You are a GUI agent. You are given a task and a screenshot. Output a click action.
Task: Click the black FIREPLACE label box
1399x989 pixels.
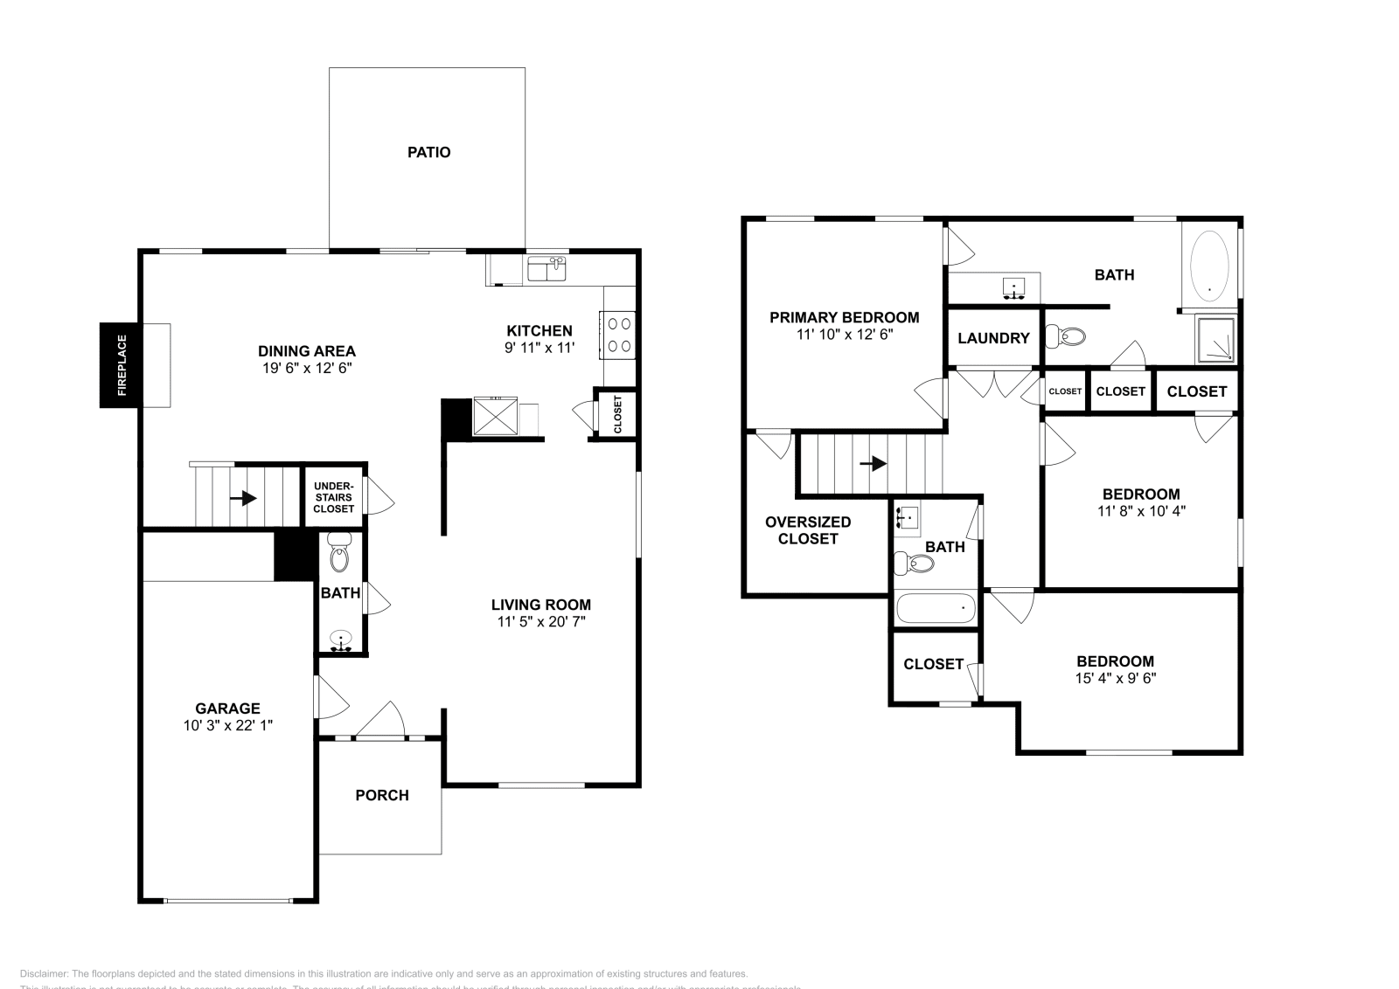coord(122,365)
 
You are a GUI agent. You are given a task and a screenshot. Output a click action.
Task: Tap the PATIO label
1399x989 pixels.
coord(428,152)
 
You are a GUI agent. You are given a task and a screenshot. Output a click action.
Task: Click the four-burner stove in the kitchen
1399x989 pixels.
coord(619,334)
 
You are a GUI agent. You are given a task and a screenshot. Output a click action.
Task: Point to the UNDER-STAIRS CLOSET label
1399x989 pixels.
coord(333,497)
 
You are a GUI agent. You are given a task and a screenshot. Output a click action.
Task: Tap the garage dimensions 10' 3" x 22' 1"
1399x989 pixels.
coord(227,725)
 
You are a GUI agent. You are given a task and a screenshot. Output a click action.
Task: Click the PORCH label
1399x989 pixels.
coord(382,795)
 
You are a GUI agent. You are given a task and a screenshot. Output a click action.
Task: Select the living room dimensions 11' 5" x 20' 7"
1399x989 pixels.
coord(540,622)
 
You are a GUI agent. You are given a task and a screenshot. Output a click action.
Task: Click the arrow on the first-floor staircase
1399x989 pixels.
coord(243,498)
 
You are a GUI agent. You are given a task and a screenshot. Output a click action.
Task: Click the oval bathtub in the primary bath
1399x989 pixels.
coord(1210,261)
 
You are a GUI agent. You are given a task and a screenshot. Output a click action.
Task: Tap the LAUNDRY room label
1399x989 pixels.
coord(993,338)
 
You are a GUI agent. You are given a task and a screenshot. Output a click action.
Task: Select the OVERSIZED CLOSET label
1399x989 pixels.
coord(807,530)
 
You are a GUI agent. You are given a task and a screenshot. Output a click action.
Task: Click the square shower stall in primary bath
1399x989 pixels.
coord(1216,339)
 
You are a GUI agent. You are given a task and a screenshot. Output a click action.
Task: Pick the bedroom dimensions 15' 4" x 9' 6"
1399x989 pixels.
coord(1115,678)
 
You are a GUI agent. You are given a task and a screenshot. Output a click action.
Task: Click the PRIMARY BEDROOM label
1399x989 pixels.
coord(844,317)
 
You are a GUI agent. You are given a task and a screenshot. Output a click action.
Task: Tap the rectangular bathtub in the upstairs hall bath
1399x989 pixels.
coord(935,608)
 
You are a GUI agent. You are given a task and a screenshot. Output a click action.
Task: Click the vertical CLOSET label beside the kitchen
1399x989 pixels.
coord(616,414)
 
